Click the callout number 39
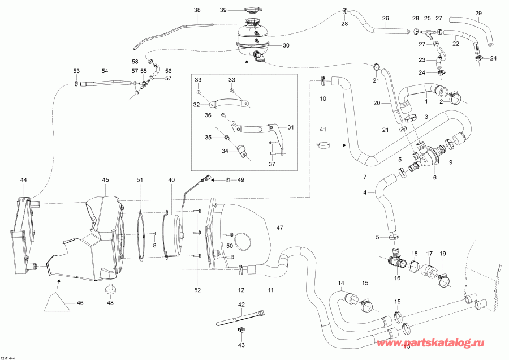point(223,10)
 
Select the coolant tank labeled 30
point(252,37)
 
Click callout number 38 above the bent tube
point(197,10)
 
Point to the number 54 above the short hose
point(104,71)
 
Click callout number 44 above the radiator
point(23,179)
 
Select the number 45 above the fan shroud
point(105,180)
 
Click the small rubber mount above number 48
point(110,290)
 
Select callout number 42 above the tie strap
point(241,305)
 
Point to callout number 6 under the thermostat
point(434,177)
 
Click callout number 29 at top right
point(478,13)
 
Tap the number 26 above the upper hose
point(385,18)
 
